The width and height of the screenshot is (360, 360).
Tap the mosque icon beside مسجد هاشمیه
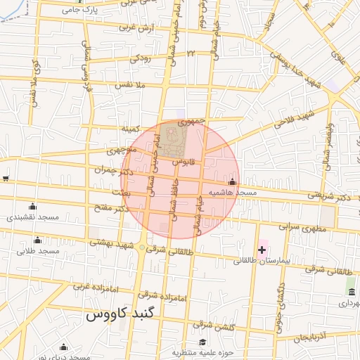point(233,181)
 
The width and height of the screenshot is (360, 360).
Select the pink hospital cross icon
point(262,250)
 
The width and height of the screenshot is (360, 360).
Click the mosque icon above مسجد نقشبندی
point(32,207)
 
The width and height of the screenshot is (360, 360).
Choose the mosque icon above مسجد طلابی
point(32,240)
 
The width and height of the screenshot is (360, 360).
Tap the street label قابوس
point(183,161)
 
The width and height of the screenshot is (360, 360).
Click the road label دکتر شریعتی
point(328,195)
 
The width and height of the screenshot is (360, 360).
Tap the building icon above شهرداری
point(351,292)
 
